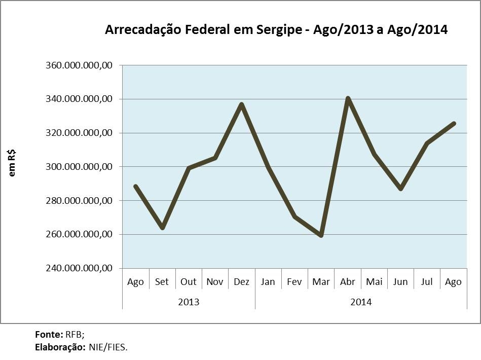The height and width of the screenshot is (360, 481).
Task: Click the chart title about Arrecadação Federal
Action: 276,30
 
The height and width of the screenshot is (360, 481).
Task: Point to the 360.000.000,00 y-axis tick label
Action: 81,65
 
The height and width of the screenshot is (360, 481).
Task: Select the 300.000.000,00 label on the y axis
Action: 81,167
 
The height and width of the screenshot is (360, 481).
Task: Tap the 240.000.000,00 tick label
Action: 81,268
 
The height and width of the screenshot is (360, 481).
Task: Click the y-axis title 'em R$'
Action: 12,162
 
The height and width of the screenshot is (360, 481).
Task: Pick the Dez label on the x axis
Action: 241,282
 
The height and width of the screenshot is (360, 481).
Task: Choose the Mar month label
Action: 321,282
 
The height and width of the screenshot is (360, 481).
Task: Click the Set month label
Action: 162,282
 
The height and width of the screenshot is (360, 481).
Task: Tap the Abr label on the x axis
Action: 348,282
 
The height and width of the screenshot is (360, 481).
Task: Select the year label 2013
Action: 189,302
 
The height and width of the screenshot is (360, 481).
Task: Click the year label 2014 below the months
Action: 361,302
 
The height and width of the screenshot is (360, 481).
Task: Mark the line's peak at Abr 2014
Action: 348,98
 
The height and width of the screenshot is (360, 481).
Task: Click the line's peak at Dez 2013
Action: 242,104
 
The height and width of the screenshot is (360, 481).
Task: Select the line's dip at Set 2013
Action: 162,228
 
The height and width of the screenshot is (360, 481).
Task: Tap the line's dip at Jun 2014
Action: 401,189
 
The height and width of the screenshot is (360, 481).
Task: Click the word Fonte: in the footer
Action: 49,335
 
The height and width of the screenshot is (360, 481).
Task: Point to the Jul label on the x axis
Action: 427,282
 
